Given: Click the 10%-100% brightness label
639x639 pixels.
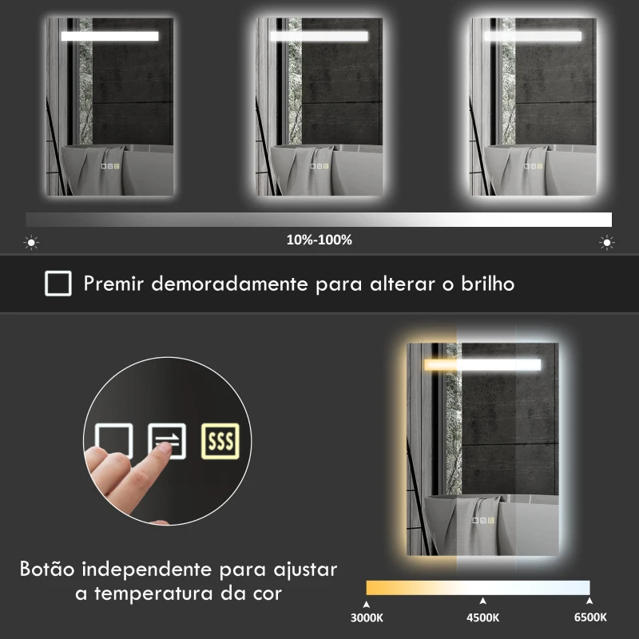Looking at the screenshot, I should pyautogui.click(x=319, y=240).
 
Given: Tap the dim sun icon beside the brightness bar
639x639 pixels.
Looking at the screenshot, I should pyautogui.click(x=32, y=242).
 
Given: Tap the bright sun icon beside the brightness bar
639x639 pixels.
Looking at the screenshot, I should pyautogui.click(x=607, y=242).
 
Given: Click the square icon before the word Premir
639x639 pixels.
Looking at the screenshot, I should pyautogui.click(x=58, y=284).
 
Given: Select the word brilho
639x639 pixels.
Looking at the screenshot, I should pyautogui.click(x=486, y=284).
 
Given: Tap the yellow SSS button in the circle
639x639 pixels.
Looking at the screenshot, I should pyautogui.click(x=220, y=440).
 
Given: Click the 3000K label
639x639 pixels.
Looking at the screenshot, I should pyautogui.click(x=367, y=617).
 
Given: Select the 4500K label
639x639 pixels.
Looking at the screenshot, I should pyautogui.click(x=482, y=617).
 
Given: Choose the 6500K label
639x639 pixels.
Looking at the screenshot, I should pyautogui.click(x=589, y=617).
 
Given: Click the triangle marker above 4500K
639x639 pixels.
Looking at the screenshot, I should pyautogui.click(x=482, y=601).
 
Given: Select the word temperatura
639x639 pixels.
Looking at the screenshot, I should pyautogui.click(x=169, y=595).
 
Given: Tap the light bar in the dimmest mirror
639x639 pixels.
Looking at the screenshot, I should pyautogui.click(x=109, y=36).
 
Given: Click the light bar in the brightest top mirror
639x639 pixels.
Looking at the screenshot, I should pyautogui.click(x=532, y=36).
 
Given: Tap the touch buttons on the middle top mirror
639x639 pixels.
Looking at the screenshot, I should pyautogui.click(x=319, y=166).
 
